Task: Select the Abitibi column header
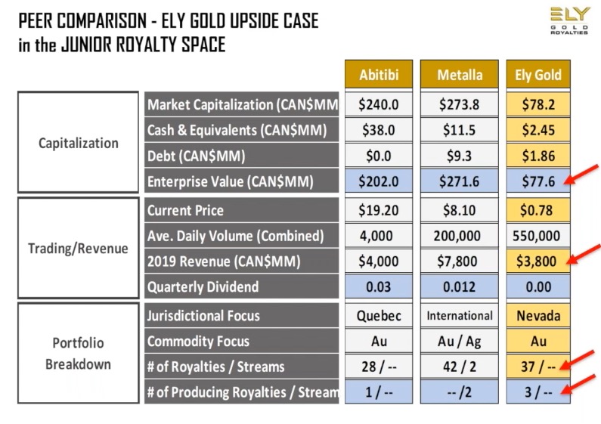(x=379, y=75)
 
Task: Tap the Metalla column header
(x=459, y=75)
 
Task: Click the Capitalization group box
(x=79, y=143)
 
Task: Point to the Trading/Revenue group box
(x=79, y=248)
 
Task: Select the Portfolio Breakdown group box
(x=79, y=354)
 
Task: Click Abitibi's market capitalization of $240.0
(x=379, y=105)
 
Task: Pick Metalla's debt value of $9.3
(x=459, y=156)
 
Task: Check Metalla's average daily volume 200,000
(x=459, y=236)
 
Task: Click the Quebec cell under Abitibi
(x=379, y=316)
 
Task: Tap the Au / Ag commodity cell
(x=459, y=342)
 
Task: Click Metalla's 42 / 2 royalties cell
(x=459, y=367)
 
